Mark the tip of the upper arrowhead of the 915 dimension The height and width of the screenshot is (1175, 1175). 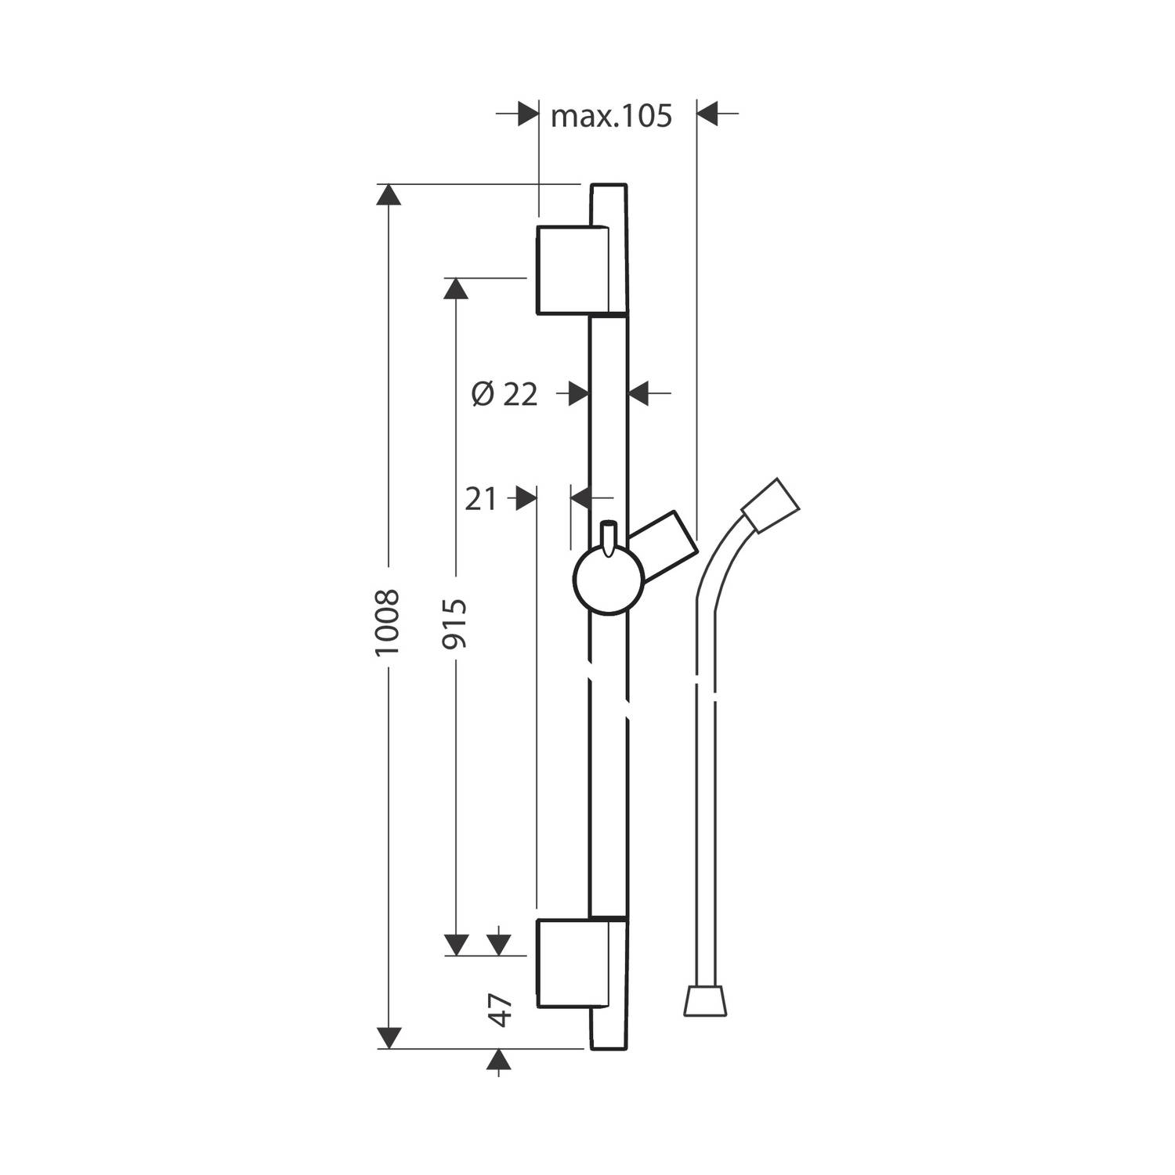456,277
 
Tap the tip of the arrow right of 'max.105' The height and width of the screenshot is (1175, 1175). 696,114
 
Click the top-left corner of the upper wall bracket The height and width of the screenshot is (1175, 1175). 537,226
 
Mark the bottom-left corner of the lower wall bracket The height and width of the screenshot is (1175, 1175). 537,1007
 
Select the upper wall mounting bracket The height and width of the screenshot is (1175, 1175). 573,270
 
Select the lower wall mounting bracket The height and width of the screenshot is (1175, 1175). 573,963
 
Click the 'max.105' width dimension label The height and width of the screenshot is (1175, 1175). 612,116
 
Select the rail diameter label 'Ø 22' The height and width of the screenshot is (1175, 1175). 505,394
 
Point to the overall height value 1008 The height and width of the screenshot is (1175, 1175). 388,623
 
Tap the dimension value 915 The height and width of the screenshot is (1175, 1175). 454,623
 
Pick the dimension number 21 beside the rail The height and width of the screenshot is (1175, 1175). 481,498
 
